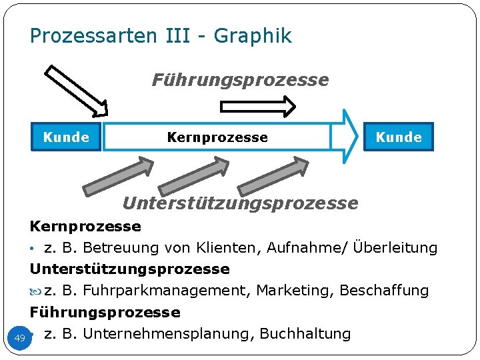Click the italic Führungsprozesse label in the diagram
(x=240, y=81)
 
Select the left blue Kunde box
(x=66, y=137)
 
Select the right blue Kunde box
(x=399, y=137)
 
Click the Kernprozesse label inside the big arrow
(x=217, y=137)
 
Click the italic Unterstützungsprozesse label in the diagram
(x=240, y=203)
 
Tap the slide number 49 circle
(x=19, y=338)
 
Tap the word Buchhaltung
(x=305, y=333)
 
